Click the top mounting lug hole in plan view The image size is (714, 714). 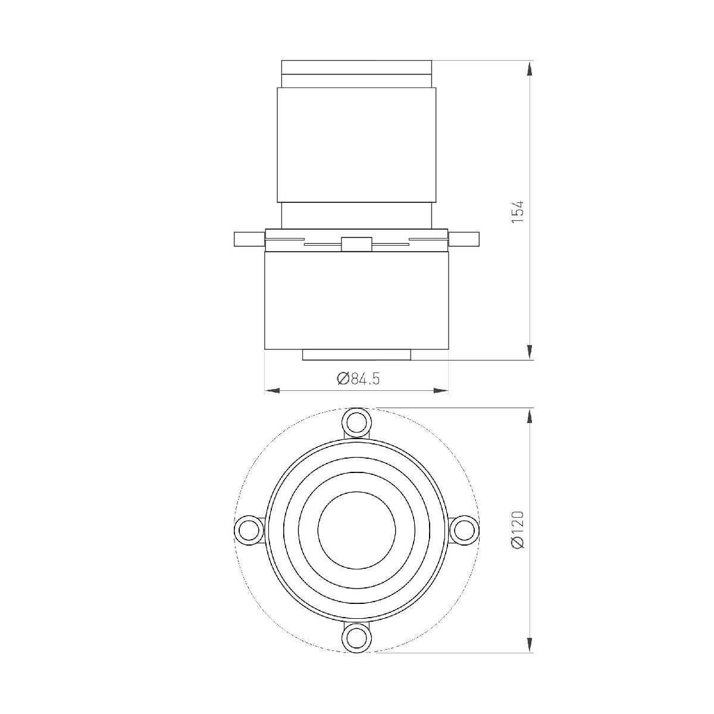[x=356, y=422]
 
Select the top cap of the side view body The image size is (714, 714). [x=356, y=67]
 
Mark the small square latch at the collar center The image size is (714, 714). [x=356, y=244]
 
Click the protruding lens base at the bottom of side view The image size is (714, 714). [x=356, y=355]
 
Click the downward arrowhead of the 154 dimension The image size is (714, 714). [x=529, y=353]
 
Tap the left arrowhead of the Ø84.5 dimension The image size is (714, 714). [x=271, y=391]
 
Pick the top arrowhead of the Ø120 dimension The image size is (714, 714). [x=529, y=415]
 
